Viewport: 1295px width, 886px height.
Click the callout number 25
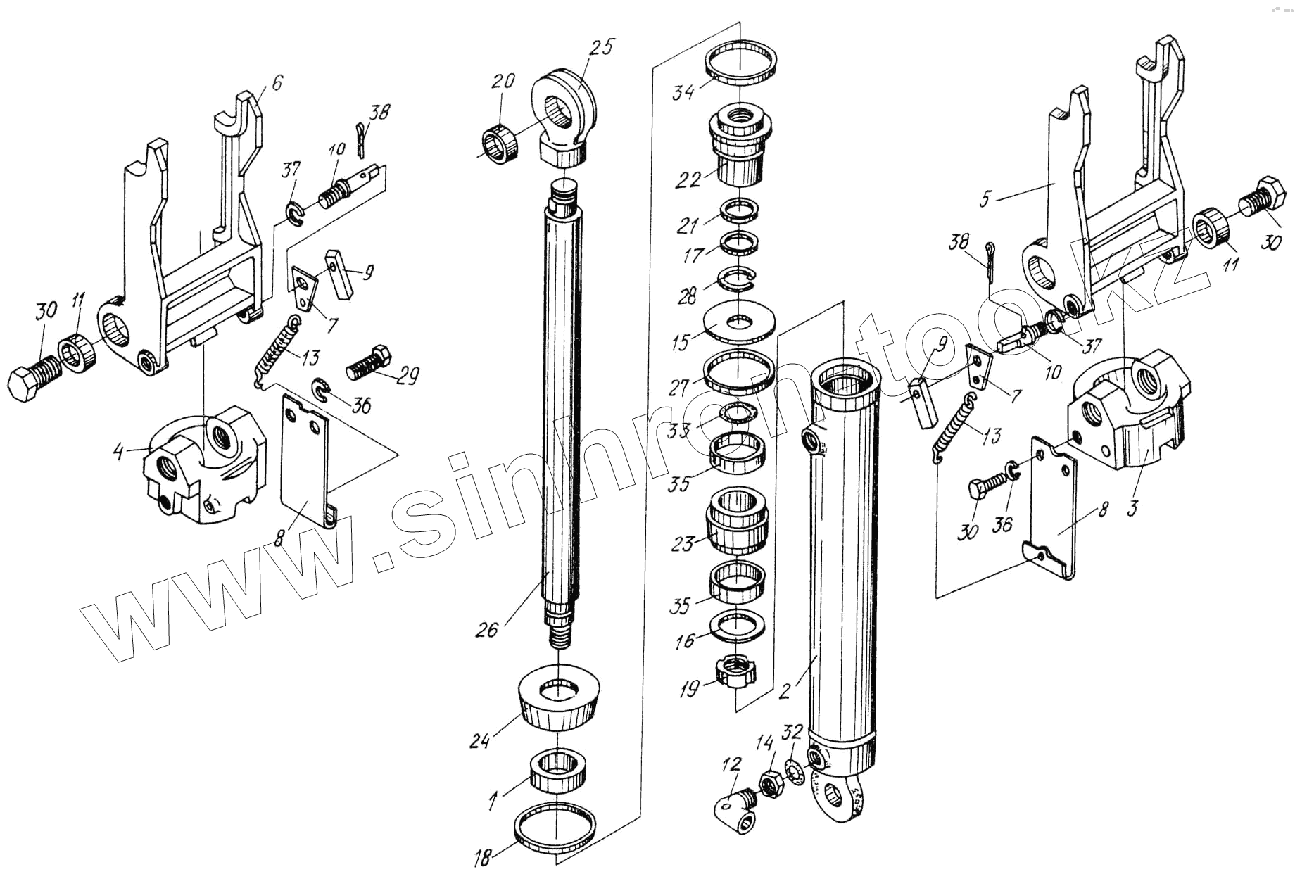[602, 48]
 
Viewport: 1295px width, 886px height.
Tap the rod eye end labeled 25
[564, 113]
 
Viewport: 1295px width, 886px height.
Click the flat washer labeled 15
[739, 322]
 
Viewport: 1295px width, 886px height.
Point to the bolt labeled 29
[369, 362]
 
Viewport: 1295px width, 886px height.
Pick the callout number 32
[792, 732]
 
